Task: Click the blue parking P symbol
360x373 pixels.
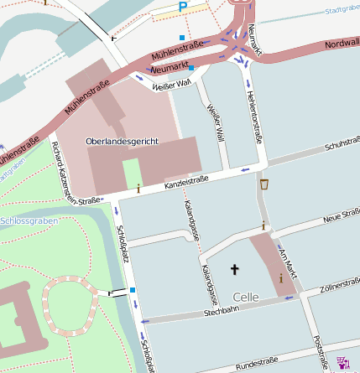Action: (183, 8)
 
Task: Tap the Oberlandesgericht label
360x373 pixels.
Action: (122, 142)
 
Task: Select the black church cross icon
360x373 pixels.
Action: (234, 269)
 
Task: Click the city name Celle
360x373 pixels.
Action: (246, 297)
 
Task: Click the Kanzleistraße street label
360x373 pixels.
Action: (185, 180)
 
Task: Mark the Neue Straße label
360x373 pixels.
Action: (341, 219)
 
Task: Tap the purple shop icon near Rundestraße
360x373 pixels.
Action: (342, 362)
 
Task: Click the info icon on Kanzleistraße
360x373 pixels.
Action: (138, 189)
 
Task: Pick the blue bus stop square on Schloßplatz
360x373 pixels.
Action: (133, 291)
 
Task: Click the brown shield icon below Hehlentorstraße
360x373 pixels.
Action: (265, 184)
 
